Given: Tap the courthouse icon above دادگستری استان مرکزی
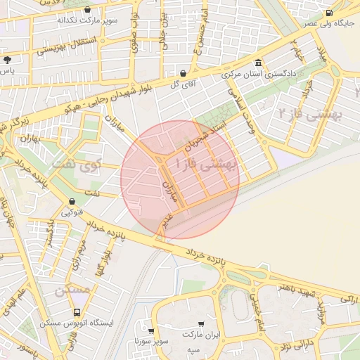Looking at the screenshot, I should [x=259, y=63].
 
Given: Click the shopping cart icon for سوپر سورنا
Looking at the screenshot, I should [x=151, y=330].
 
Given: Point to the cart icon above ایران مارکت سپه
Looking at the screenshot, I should [x=202, y=324].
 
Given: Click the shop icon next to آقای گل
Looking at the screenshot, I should [x=184, y=72].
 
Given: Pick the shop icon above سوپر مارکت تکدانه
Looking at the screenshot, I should [x=87, y=10].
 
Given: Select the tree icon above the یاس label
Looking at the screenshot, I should [x=7, y=60].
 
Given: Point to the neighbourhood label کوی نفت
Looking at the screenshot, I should [x=78, y=167].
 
